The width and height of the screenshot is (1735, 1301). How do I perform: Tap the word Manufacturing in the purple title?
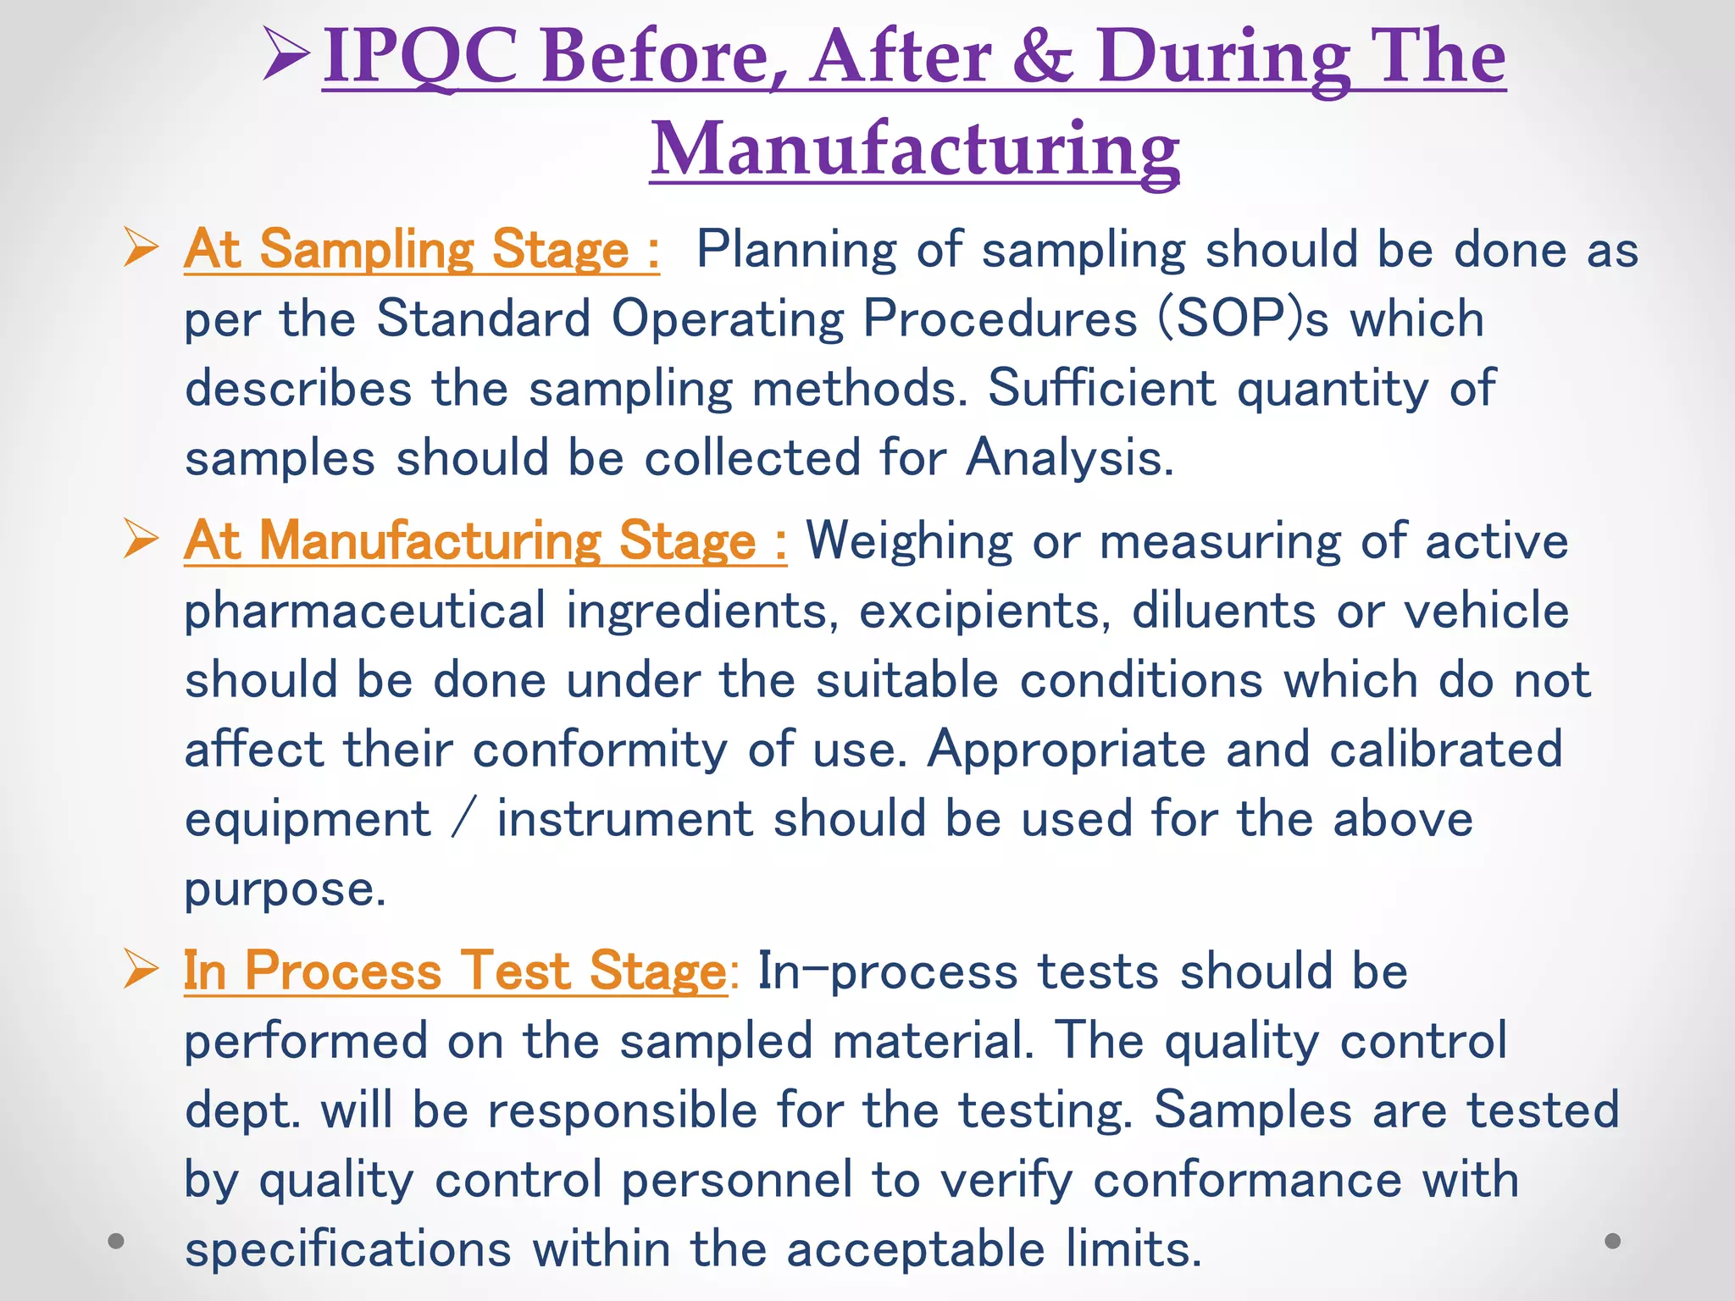click(x=915, y=149)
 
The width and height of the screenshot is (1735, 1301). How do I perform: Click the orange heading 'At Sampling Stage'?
click(x=421, y=250)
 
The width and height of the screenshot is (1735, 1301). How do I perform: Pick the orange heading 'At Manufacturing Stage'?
click(x=485, y=540)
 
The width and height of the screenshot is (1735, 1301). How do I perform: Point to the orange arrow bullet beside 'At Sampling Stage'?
click(x=141, y=247)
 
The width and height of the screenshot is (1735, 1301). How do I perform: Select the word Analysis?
click(x=1069, y=458)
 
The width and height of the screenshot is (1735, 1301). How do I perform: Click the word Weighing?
click(x=909, y=540)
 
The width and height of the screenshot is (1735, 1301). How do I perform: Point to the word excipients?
click(x=985, y=611)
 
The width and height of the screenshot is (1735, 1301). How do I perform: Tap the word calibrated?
click(x=1445, y=750)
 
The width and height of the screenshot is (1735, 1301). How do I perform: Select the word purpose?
click(x=285, y=889)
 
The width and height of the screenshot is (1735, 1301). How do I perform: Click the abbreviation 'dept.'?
click(x=242, y=1110)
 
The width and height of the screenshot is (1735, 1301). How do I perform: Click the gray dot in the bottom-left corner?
click(x=117, y=1241)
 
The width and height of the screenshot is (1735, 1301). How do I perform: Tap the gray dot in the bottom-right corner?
click(x=1612, y=1241)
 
